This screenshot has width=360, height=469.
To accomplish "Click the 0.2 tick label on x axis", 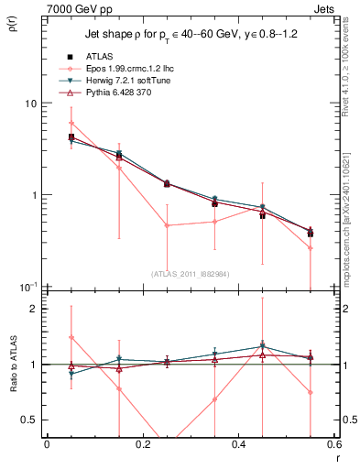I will [x=142, y=444].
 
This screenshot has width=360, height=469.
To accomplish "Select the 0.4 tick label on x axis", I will [x=239, y=444].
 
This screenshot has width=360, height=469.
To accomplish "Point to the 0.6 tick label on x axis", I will [x=334, y=444].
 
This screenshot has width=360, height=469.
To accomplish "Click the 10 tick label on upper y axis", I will [x=32, y=104].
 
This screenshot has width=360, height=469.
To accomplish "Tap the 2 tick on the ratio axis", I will [x=35, y=309].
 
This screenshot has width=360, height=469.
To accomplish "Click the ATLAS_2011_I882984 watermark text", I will [x=191, y=273].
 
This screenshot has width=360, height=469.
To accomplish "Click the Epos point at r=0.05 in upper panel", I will [x=71, y=123].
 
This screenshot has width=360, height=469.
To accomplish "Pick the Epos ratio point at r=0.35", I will [x=214, y=399].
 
